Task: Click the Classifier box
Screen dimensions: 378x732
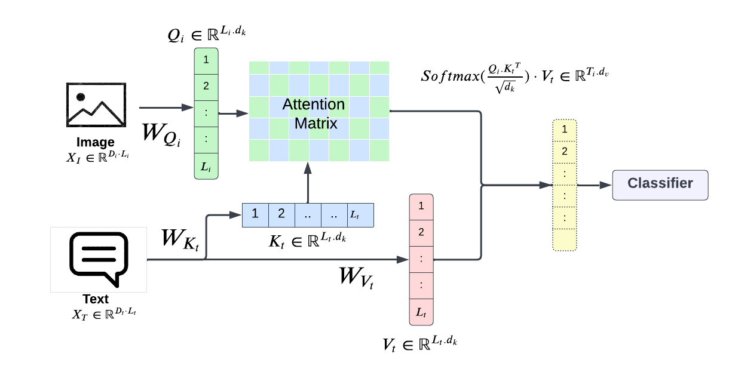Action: click(x=660, y=184)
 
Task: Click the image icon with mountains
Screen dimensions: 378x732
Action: click(x=96, y=105)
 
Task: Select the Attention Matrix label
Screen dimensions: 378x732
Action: click(x=314, y=113)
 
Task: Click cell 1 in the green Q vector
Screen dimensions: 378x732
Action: click(x=206, y=60)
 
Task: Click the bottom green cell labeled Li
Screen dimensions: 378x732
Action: click(x=206, y=166)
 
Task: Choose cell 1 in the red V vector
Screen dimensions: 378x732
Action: click(x=421, y=207)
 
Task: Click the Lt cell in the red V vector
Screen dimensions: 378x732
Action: click(x=421, y=312)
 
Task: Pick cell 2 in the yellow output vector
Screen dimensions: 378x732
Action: click(x=565, y=152)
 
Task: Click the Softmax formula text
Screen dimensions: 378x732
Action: click(x=514, y=76)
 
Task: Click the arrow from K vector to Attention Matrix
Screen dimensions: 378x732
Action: click(x=308, y=182)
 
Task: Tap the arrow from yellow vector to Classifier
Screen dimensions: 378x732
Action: click(x=594, y=185)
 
